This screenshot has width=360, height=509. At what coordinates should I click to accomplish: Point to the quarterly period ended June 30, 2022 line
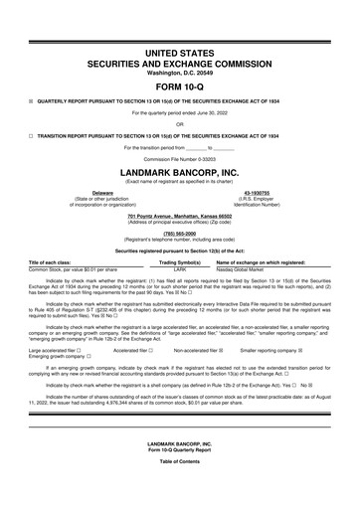180,112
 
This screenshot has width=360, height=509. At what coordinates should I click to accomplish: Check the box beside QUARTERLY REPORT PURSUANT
31,99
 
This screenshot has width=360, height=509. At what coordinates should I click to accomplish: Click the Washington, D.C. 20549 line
180,72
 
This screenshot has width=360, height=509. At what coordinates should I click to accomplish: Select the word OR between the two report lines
180,124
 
